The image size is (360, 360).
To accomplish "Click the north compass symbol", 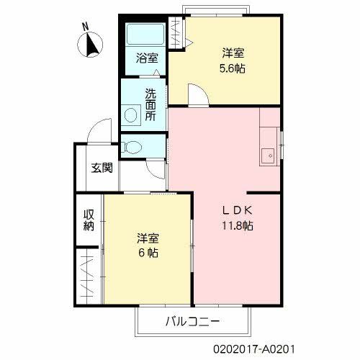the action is (90, 45).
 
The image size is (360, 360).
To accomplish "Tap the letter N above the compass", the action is (85, 27).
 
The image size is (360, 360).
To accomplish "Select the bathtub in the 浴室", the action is (145, 34).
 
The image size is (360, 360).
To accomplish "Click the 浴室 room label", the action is (147, 58).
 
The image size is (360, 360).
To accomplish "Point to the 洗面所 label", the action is (150, 104).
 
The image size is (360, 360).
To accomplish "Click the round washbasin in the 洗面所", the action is (131, 115).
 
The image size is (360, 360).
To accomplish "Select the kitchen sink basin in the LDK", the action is (268, 156).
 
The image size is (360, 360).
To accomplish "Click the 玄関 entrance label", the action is (102, 168).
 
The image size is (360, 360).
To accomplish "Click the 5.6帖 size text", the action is (233, 68).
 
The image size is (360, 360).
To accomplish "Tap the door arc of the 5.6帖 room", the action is (202, 90).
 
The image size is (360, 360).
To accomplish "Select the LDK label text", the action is (237, 210).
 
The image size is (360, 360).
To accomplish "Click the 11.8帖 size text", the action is (237, 225).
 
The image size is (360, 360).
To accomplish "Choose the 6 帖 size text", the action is (148, 253).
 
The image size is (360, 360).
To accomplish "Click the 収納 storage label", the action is (89, 220).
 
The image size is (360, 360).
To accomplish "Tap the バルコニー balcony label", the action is (192, 321).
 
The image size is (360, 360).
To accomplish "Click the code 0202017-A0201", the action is (254, 349).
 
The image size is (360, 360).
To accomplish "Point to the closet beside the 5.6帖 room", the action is (176, 33).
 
